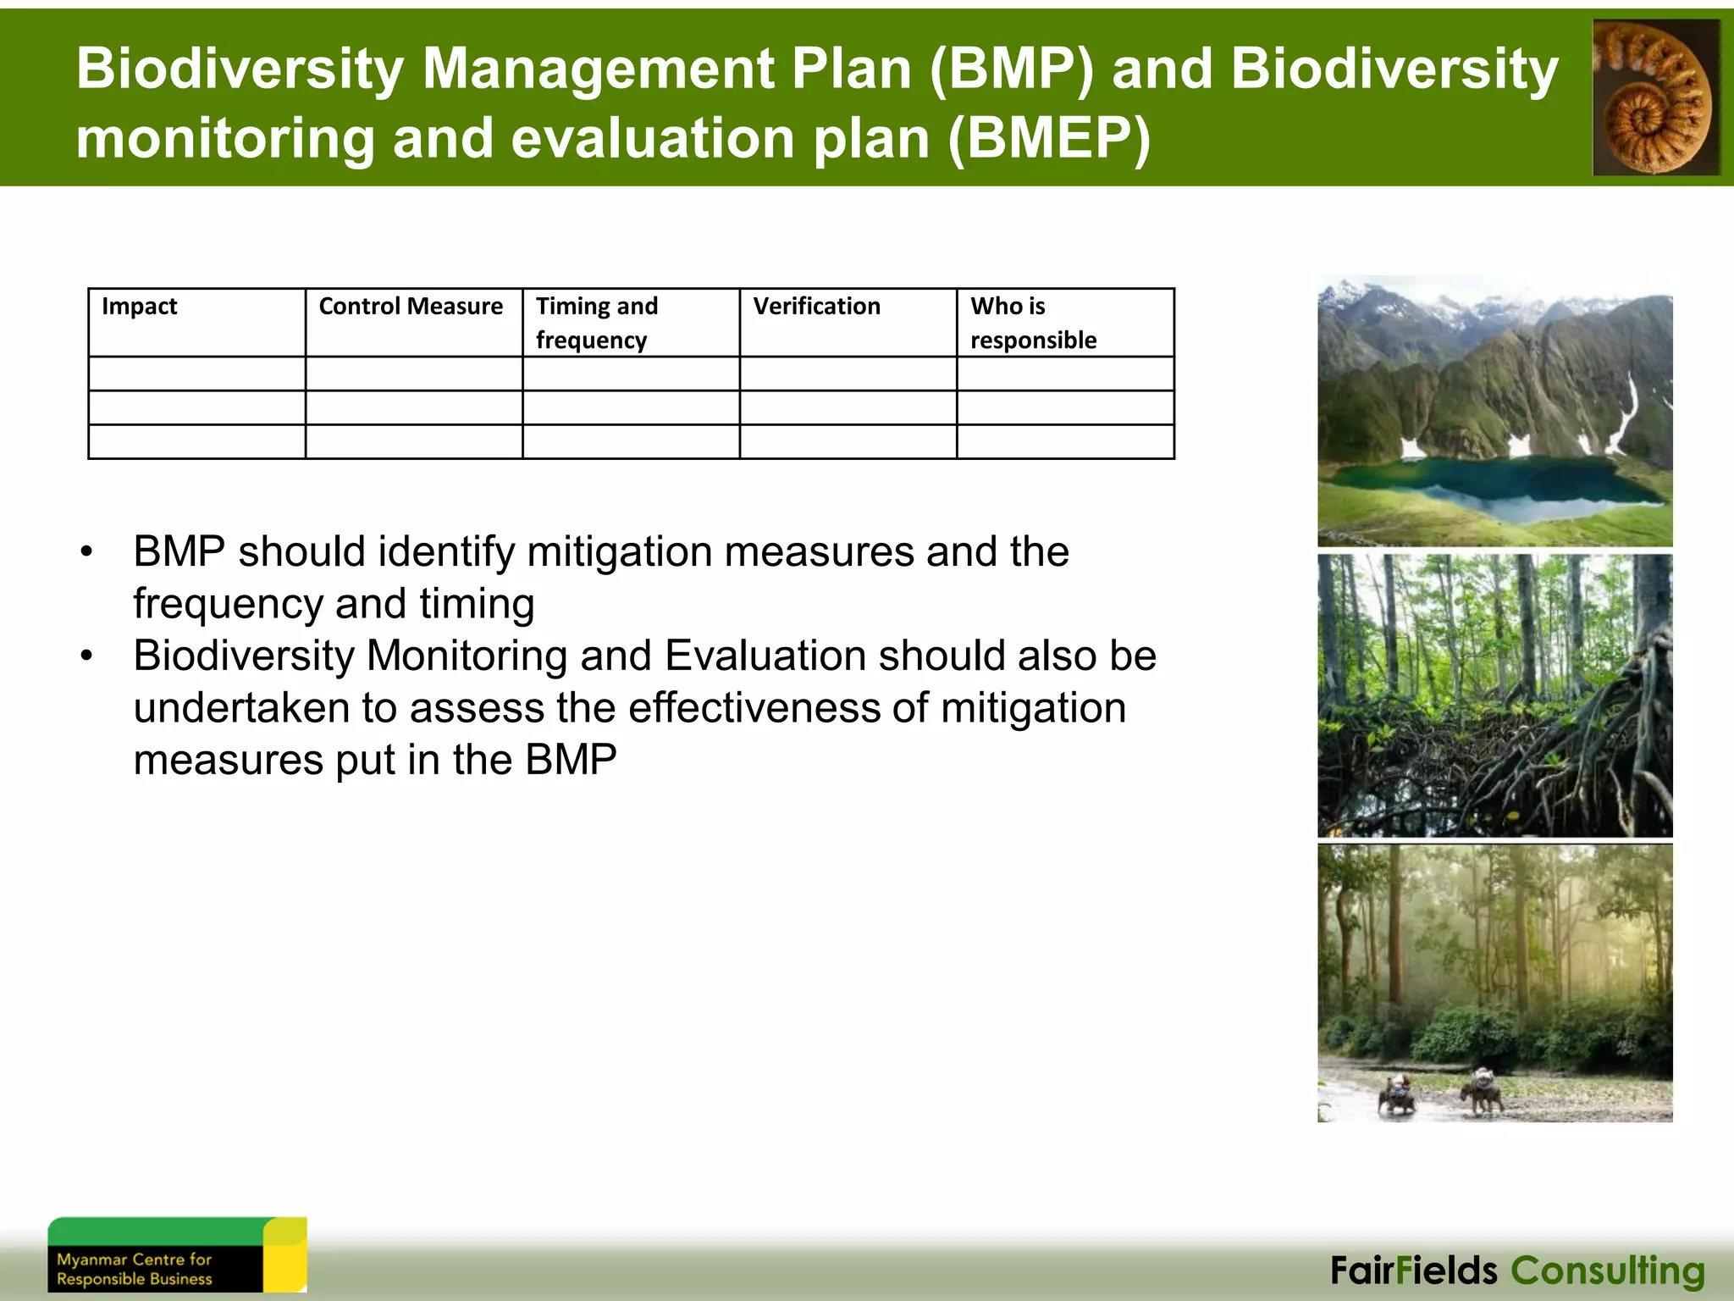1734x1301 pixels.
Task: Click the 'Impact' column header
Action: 140,307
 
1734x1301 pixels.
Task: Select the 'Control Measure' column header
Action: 411,307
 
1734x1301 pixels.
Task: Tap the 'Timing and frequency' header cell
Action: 597,323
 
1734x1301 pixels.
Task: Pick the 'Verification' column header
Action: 816,307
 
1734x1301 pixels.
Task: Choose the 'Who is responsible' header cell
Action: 1033,323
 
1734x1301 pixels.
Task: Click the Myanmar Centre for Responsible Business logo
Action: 176,1255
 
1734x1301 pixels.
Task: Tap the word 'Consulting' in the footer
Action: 1607,1271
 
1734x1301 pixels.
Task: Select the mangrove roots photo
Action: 1494,696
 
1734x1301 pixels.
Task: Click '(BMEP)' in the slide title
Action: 1049,138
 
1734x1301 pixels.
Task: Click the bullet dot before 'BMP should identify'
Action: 86,553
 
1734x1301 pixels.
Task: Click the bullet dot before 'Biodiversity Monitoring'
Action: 86,657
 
